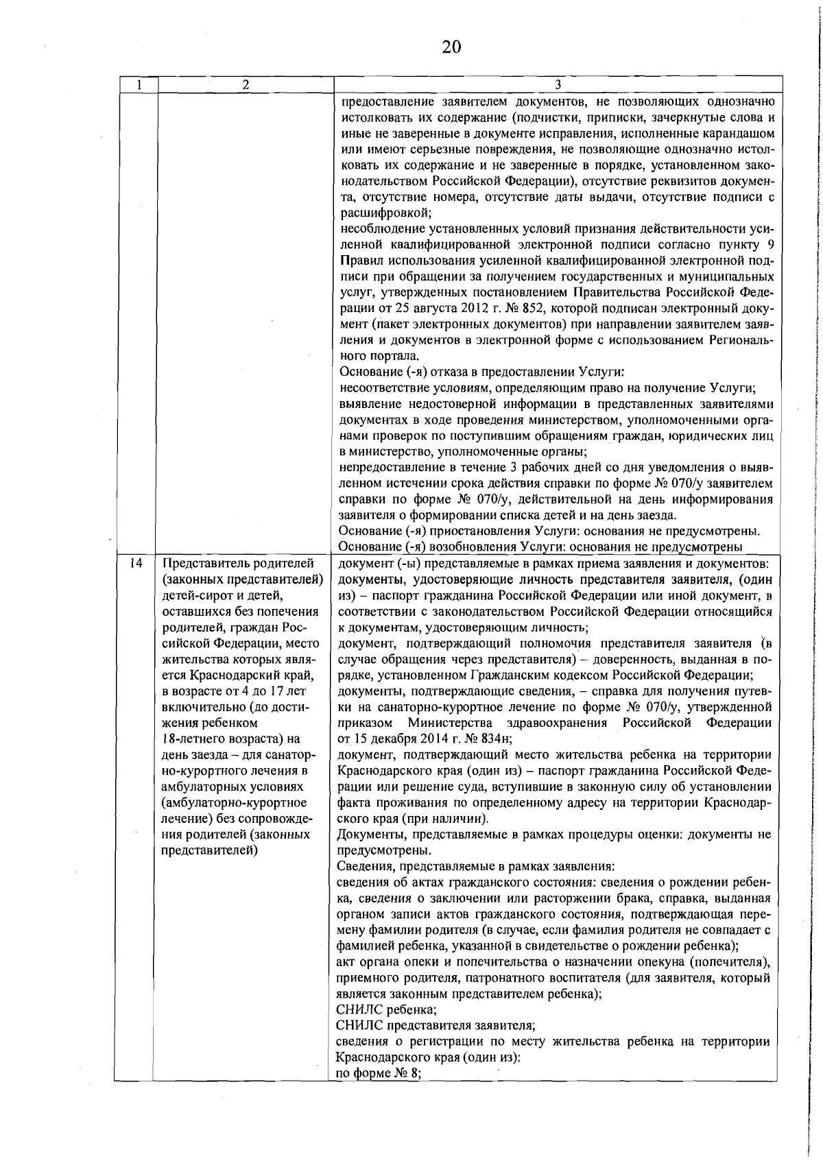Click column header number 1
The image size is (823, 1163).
139,84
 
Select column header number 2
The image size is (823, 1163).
245,84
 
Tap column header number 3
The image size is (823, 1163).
558,84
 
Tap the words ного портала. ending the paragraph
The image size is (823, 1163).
379,356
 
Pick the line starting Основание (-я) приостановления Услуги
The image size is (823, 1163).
549,531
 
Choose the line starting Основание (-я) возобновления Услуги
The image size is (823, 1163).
541,547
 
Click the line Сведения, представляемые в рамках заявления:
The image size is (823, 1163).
475,866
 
